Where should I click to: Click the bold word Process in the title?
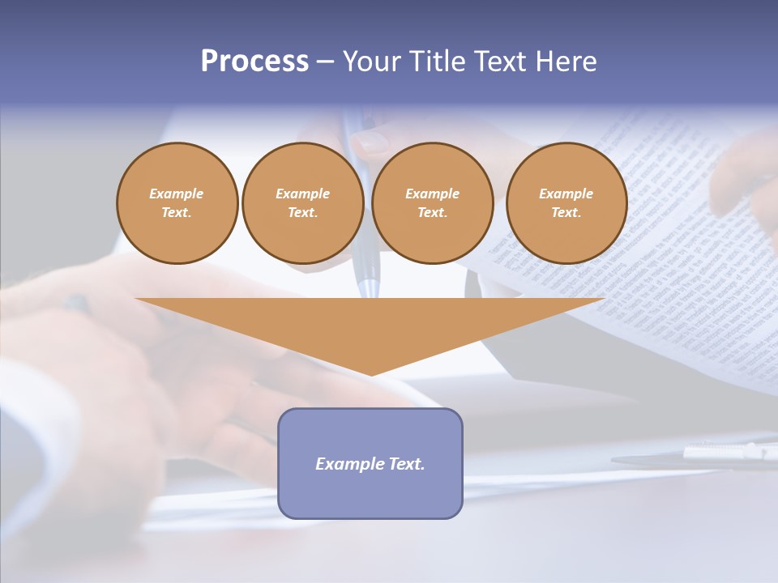pos(254,62)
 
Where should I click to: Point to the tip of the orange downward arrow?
pos(371,373)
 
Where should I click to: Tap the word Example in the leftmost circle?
pos(177,194)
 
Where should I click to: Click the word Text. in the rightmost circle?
pos(566,212)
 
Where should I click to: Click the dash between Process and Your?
pos(326,62)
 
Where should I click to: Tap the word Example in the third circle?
pos(432,194)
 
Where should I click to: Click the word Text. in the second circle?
pos(302,212)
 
